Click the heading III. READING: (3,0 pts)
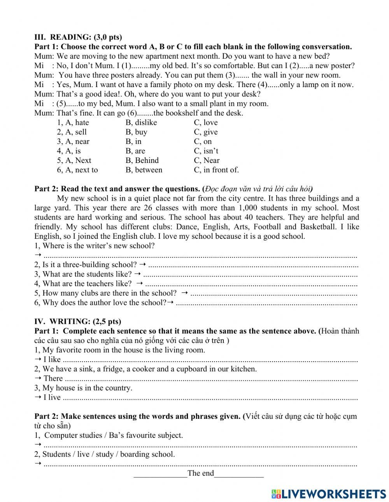[78, 37]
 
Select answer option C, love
[206, 122]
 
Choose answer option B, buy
[136, 132]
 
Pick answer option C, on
[203, 142]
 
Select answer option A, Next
[74, 160]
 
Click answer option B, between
[144, 170]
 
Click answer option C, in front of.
[216, 170]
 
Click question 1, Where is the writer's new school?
[95, 246]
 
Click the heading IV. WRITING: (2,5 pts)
[78, 322]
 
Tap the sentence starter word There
[53, 378]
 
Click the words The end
[200, 473]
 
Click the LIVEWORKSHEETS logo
[329, 493]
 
